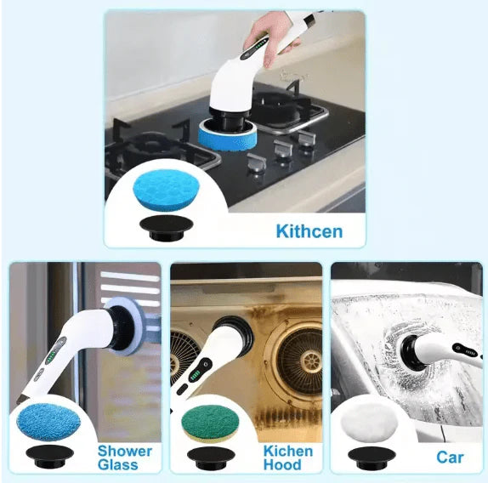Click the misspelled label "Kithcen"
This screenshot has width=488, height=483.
tap(309, 231)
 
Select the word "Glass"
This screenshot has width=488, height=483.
tap(117, 465)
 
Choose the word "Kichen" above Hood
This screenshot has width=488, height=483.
tap(287, 451)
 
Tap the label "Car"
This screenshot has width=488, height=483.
tap(450, 457)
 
